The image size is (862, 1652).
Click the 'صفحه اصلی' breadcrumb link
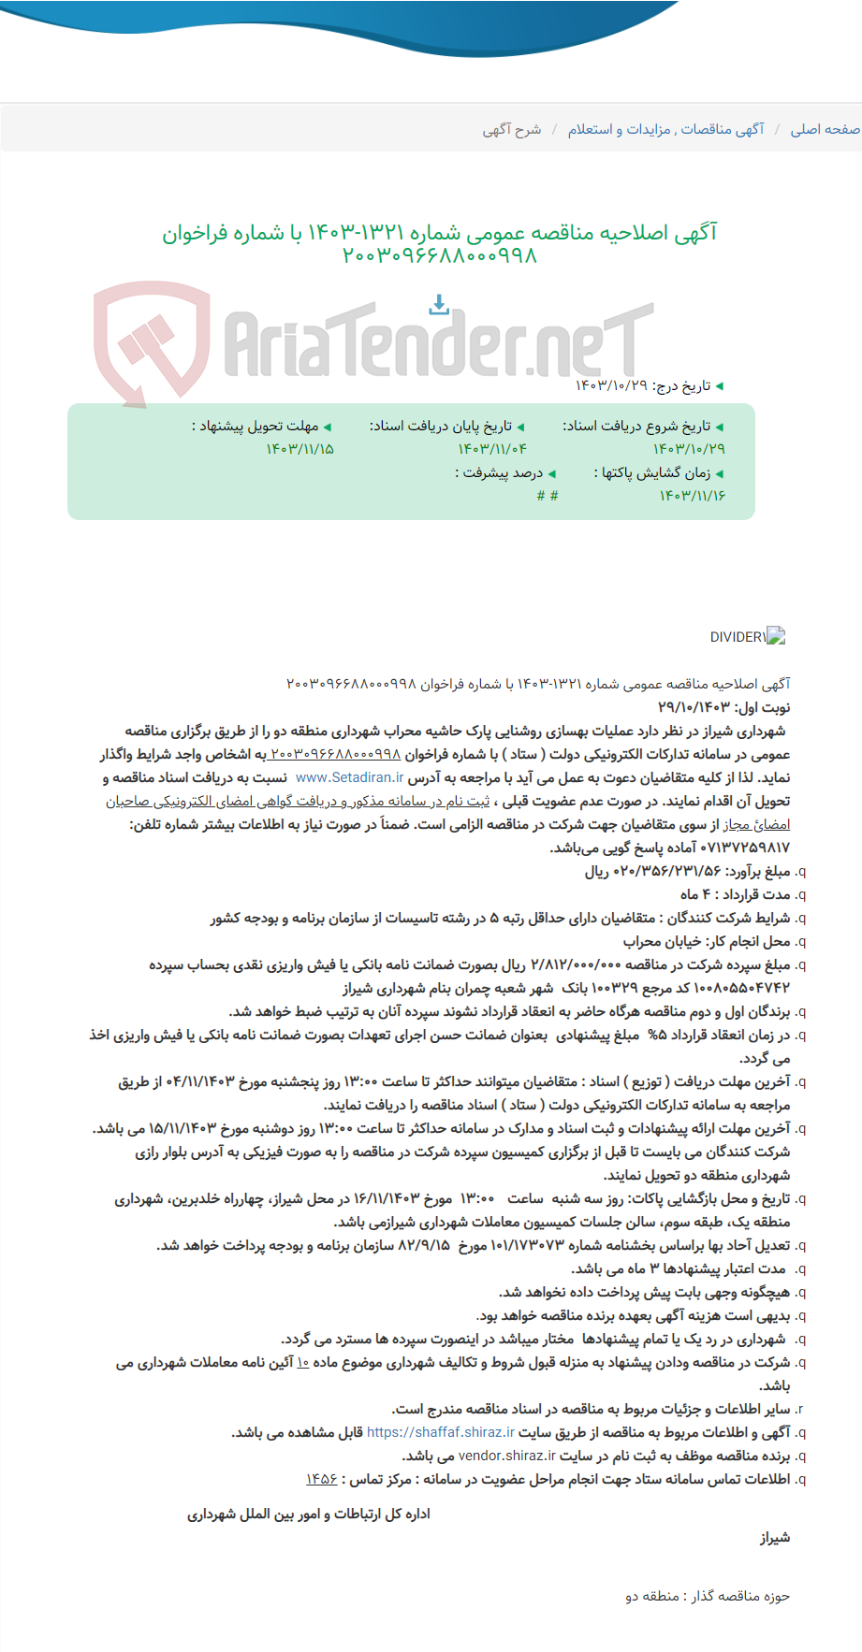[x=825, y=129]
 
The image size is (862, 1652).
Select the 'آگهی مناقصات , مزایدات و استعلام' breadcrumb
[x=665, y=129]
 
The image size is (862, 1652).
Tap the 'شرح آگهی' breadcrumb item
[x=512, y=129]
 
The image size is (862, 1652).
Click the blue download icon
[x=439, y=304]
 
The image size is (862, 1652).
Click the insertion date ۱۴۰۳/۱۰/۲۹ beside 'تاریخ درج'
[x=611, y=385]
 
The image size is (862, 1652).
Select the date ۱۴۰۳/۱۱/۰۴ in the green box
[x=492, y=449]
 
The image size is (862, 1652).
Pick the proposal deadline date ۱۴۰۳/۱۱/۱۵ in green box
[x=300, y=449]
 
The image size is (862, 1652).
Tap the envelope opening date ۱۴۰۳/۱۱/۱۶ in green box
[x=692, y=495]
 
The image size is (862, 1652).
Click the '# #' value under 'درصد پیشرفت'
[x=548, y=495]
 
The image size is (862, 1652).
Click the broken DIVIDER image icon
[x=775, y=637]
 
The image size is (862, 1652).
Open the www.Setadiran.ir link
[x=349, y=777]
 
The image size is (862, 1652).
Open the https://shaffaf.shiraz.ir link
[x=441, y=1432]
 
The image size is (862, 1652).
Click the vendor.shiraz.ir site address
[x=506, y=1456]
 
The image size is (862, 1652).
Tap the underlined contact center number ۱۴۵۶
[x=321, y=1479]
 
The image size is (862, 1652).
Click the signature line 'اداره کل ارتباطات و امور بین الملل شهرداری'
[x=309, y=1514]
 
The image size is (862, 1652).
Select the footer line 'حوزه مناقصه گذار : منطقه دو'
[x=708, y=1596]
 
